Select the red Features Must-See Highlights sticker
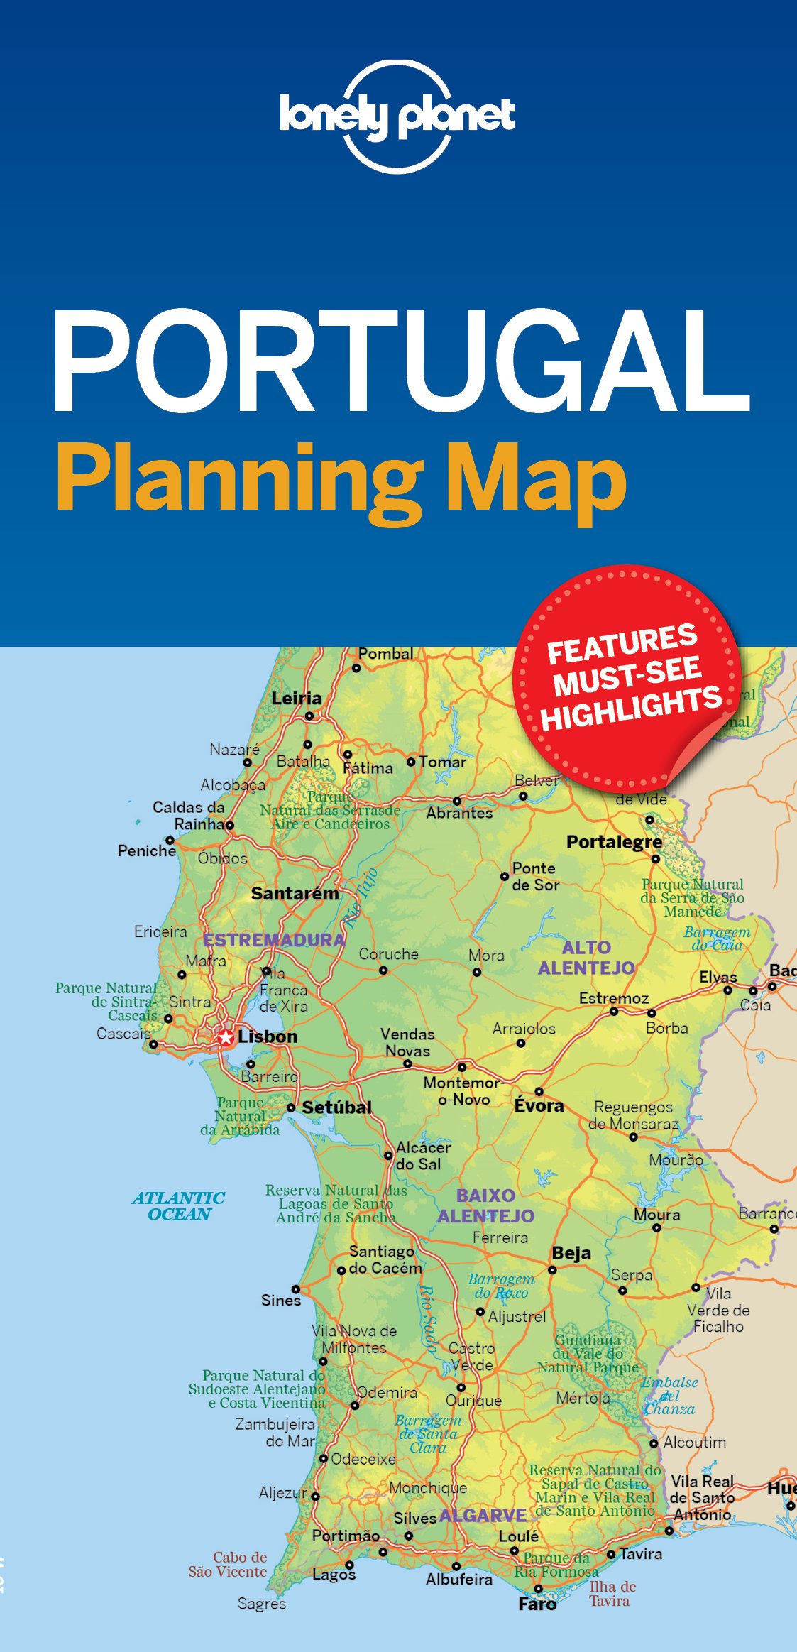pyautogui.click(x=627, y=677)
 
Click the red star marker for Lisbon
pyautogui.click(x=226, y=1038)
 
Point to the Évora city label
pyautogui.click(x=539, y=1105)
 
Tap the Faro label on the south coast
pyautogui.click(x=537, y=1604)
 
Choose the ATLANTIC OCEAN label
pyautogui.click(x=179, y=1206)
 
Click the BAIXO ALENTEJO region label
pyautogui.click(x=485, y=1205)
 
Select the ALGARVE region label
pyautogui.click(x=483, y=1516)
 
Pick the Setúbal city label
pyautogui.click(x=336, y=1107)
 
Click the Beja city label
pyautogui.click(x=571, y=1253)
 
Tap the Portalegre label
pyautogui.click(x=614, y=842)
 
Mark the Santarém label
pyautogui.click(x=295, y=894)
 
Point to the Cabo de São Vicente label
pyautogui.click(x=228, y=1564)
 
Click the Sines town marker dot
pyautogui.click(x=296, y=1289)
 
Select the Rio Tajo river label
pyautogui.click(x=361, y=898)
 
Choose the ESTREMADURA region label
pyautogui.click(x=274, y=940)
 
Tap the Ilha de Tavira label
pyautogui.click(x=612, y=1593)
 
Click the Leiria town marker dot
pyautogui.click(x=309, y=716)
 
